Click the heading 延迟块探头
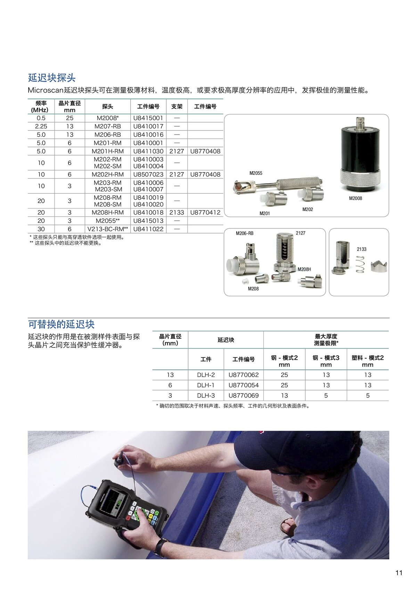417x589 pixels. (x=52, y=77)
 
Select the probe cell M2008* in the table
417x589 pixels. (x=107, y=118)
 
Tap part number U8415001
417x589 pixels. (x=148, y=118)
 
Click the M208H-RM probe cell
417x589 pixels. (x=107, y=212)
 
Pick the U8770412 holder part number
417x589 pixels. (x=205, y=212)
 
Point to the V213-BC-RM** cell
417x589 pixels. (x=107, y=229)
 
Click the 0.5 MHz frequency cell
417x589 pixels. (x=41, y=118)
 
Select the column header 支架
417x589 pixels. (x=177, y=107)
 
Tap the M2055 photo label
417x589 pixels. (x=256, y=173)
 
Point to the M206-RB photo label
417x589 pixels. (x=244, y=233)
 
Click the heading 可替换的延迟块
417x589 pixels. (x=61, y=324)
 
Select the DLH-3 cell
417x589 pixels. (x=206, y=395)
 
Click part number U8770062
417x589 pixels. (x=243, y=375)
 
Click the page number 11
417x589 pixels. (x=399, y=573)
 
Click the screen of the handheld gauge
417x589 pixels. (x=113, y=502)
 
